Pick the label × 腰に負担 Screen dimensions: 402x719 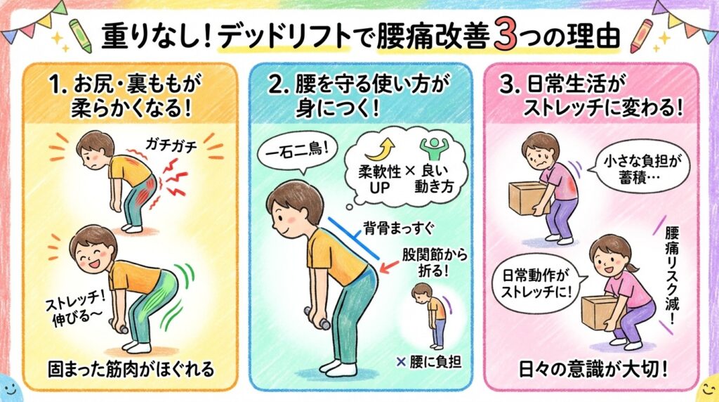429,363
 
